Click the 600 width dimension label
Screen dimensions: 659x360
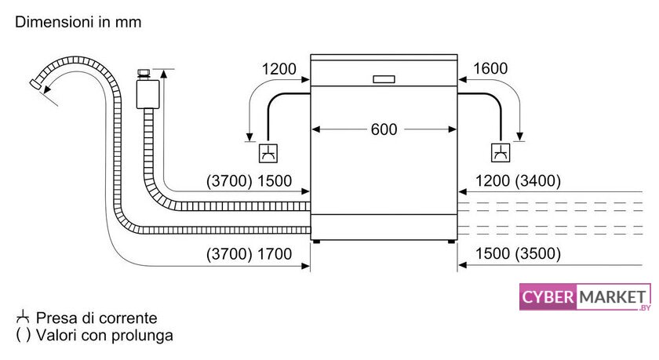[384, 129]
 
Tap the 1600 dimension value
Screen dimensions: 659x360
[490, 68]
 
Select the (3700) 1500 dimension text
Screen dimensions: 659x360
[249, 181]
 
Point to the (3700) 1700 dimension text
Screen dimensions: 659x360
[249, 253]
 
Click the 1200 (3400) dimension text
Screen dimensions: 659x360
[518, 181]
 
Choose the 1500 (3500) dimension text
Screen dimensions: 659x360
[518, 253]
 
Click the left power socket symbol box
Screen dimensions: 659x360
[268, 153]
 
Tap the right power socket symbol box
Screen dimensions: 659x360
[501, 152]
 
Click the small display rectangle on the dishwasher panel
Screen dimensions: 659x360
[384, 79]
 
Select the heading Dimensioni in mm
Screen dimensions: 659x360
[78, 22]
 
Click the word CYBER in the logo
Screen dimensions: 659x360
[548, 297]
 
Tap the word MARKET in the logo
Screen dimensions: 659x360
[612, 297]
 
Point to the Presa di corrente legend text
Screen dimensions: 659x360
[96, 318]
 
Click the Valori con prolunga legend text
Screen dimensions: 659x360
[104, 335]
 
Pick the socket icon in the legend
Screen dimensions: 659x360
[22, 317]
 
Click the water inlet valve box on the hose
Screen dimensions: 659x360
[148, 94]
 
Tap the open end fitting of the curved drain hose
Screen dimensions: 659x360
[36, 83]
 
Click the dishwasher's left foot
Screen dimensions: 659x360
[316, 242]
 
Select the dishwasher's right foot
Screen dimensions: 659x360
[451, 242]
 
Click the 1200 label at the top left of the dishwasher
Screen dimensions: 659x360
[279, 69]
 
